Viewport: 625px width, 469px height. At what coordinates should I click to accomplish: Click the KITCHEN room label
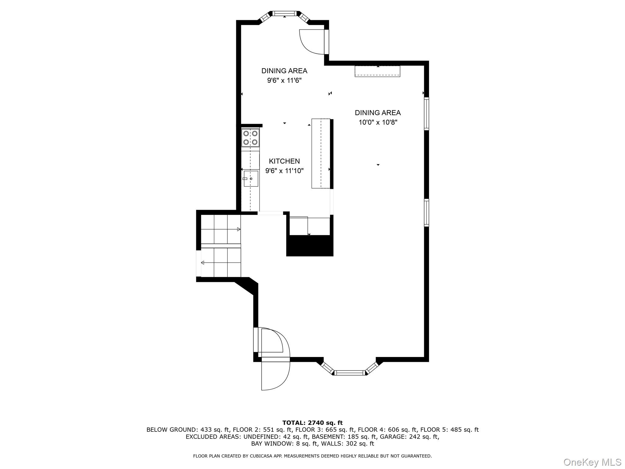[x=284, y=161]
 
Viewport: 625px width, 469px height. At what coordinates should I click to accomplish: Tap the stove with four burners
[x=250, y=138]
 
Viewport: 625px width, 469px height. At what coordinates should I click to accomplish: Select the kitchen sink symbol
[x=251, y=179]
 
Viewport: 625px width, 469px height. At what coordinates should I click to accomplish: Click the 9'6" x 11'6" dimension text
[x=284, y=81]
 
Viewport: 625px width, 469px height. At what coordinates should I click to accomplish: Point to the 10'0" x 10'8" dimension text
[x=378, y=122]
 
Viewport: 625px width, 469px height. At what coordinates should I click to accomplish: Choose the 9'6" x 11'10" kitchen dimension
[x=284, y=171]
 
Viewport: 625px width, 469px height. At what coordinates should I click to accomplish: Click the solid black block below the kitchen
[x=310, y=245]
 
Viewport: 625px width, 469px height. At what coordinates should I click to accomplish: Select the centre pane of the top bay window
[x=284, y=13]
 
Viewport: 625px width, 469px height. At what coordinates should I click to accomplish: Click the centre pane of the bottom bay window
[x=350, y=373]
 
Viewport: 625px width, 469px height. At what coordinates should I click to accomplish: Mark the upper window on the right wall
[x=426, y=114]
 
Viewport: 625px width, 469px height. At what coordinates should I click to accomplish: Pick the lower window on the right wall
[x=426, y=213]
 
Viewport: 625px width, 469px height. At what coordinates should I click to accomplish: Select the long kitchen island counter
[x=321, y=153]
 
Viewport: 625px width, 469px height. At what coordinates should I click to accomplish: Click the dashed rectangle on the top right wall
[x=377, y=71]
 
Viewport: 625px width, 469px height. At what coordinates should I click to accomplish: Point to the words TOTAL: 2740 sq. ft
[x=312, y=423]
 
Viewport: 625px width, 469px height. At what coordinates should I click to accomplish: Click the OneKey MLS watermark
[x=592, y=462]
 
